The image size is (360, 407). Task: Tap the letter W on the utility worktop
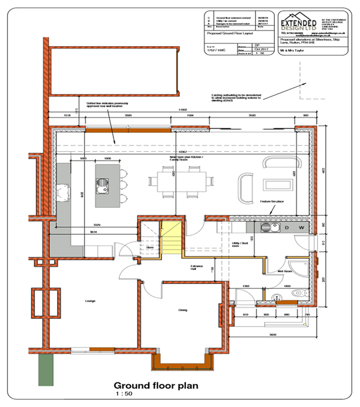click(x=302, y=228)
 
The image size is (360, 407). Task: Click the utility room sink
click(x=268, y=227)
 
